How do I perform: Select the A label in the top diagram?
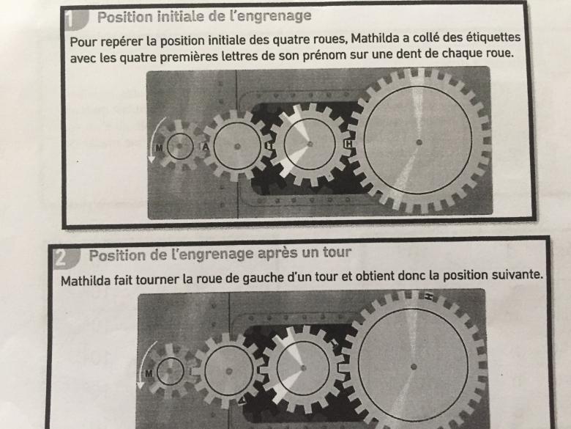pos(206,147)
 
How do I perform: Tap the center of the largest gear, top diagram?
pos(418,142)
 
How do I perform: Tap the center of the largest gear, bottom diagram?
pos(414,366)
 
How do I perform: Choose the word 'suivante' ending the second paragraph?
pos(523,279)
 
